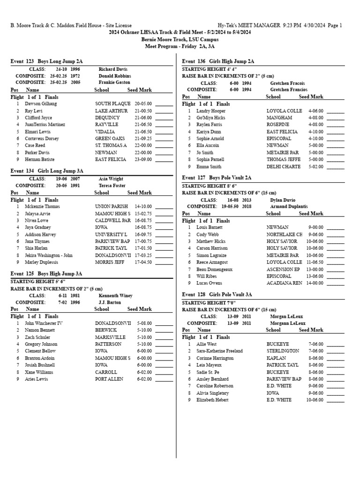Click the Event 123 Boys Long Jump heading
[46, 61]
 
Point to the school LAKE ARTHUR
[112, 111]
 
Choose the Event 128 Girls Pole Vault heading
[217, 294]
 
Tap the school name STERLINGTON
[283, 351]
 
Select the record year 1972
[75, 75]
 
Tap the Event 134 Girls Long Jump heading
[47, 171]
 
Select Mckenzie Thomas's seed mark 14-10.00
[143, 206]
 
